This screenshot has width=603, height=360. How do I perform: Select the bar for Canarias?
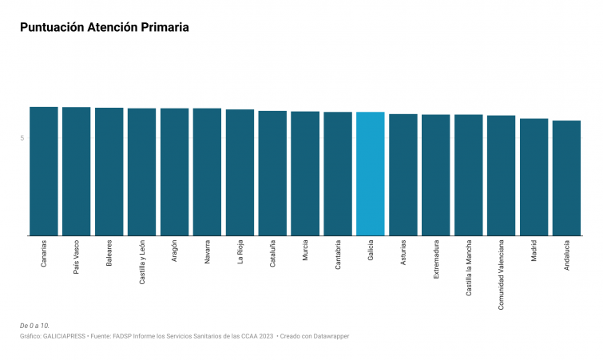pyautogui.click(x=44, y=172)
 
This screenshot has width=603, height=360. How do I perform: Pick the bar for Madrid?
pyautogui.click(x=534, y=177)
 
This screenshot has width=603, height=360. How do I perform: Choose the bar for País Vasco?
pyautogui.click(x=77, y=172)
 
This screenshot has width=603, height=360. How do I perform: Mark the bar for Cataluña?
pyautogui.click(x=272, y=173)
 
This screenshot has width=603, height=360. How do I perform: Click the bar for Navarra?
pyautogui.click(x=207, y=172)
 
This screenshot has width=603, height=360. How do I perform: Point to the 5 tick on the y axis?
pyautogui.click(x=22, y=138)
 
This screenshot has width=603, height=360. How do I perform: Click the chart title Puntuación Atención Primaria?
pyautogui.click(x=105, y=27)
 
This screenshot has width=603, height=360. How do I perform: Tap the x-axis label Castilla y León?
pyautogui.click(x=142, y=262)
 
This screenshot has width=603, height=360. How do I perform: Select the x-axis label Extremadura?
pyautogui.click(x=436, y=259)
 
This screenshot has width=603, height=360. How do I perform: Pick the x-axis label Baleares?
pyautogui.click(x=109, y=253)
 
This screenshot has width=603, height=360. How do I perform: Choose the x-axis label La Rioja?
pyautogui.click(x=240, y=251)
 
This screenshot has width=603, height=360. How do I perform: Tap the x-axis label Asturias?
pyautogui.click(x=403, y=253)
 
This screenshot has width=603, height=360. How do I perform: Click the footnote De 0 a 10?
pyautogui.click(x=34, y=326)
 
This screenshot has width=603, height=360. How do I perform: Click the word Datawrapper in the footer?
pyautogui.click(x=330, y=336)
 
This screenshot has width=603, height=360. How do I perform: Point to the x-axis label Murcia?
pyautogui.click(x=305, y=251)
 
